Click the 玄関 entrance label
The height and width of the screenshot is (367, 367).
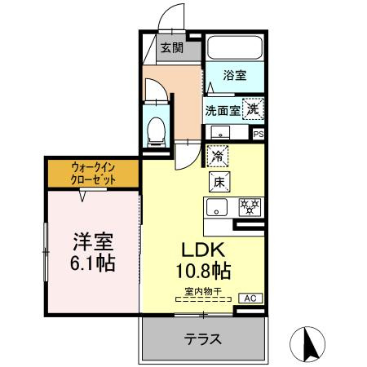point(171,47)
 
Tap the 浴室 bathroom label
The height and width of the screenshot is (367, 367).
point(236,76)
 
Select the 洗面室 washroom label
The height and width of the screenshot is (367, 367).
point(221,109)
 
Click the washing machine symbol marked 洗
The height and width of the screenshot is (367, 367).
point(253,108)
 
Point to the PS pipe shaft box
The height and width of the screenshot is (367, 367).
point(259,134)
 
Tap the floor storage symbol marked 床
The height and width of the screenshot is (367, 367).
point(218,181)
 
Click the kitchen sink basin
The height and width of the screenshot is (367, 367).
point(217,206)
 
